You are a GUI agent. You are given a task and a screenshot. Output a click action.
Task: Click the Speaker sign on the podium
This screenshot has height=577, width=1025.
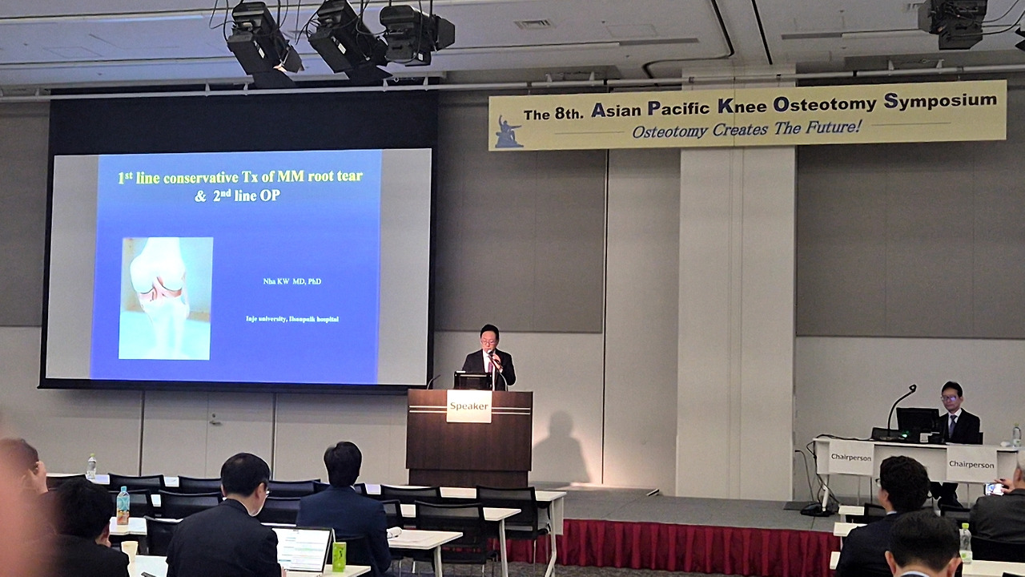tap(468, 406)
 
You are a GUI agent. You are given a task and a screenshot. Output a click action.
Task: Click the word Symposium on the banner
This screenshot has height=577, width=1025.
tap(940, 101)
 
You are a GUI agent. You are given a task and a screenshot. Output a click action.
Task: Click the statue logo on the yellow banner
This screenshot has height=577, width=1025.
tap(508, 131)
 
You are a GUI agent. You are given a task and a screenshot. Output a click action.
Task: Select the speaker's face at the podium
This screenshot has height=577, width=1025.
tap(489, 337)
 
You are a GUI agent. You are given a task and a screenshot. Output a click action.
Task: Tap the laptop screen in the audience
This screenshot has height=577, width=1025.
tap(303, 548)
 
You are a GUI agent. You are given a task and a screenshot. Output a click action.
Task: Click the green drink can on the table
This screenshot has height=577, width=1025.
tap(339, 556)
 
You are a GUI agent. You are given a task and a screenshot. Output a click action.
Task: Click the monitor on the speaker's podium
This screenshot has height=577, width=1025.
tap(472, 381)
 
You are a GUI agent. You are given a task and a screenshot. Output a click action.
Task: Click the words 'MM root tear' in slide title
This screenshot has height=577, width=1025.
tap(320, 176)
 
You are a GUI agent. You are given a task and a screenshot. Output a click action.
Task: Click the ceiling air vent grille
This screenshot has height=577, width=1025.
tap(533, 23)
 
